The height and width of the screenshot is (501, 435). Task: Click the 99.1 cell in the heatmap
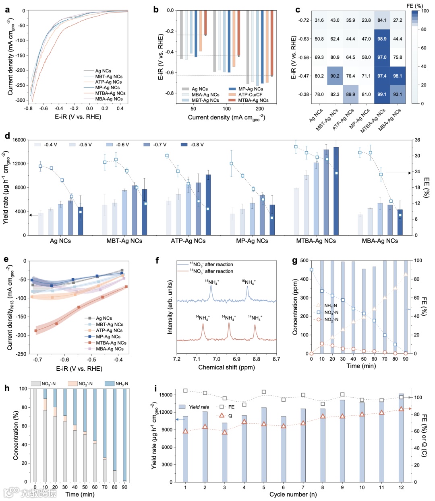[382, 94]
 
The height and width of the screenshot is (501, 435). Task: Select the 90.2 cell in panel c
[335, 76]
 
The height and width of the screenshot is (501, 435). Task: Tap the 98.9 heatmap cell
[382, 39]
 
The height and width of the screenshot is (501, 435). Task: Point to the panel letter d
[7, 136]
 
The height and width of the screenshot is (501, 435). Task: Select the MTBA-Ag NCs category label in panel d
[316, 241]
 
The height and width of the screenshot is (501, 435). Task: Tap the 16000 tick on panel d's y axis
[19, 140]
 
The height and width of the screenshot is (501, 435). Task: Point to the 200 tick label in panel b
[260, 109]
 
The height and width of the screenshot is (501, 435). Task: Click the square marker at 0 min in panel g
[311, 270]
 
